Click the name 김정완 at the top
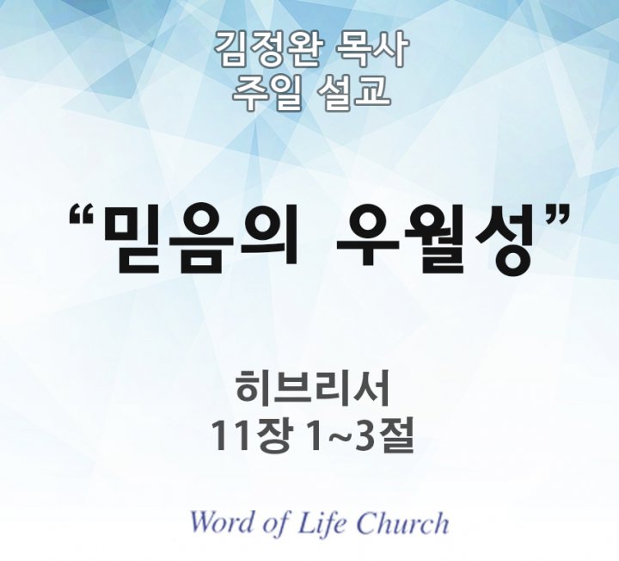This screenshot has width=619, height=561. click(x=267, y=49)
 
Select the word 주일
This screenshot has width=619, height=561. click(x=265, y=92)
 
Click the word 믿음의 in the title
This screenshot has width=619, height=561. click(x=200, y=238)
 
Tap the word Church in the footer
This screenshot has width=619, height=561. click(x=402, y=522)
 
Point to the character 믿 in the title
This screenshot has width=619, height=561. click(x=134, y=238)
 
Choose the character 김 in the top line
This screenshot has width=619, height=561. click(x=231, y=49)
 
